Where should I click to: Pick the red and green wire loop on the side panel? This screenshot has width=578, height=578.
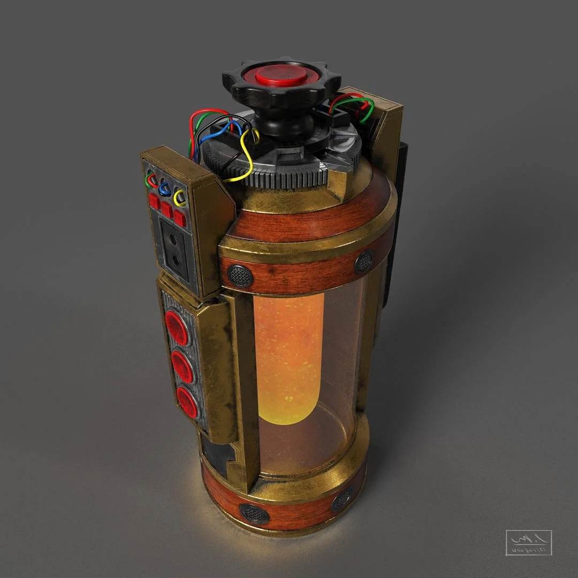151,180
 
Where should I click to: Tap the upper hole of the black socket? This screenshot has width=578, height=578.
174,238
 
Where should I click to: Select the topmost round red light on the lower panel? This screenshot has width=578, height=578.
176,328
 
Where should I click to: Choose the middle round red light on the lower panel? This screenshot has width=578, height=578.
182,365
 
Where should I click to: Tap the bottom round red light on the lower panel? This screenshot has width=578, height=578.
187,402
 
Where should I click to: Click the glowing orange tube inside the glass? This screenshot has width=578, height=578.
288,359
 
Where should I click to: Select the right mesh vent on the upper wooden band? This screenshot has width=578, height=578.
364,261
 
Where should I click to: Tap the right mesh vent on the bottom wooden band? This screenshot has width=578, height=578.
343,499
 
